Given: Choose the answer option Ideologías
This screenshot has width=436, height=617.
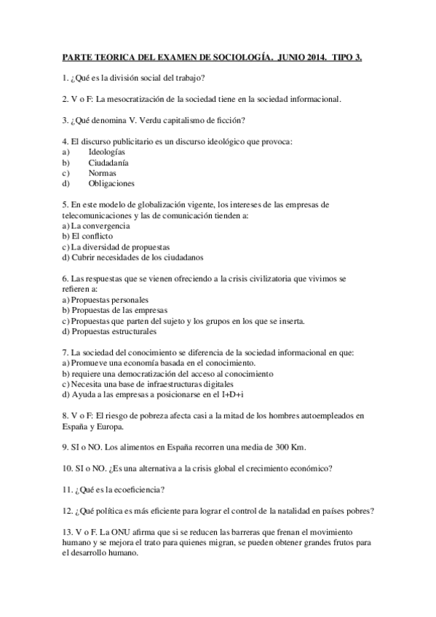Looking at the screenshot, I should tap(106, 151).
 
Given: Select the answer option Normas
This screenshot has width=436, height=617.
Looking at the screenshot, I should tap(102, 173).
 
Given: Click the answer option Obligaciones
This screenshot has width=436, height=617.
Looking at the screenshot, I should tap(111, 183).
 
